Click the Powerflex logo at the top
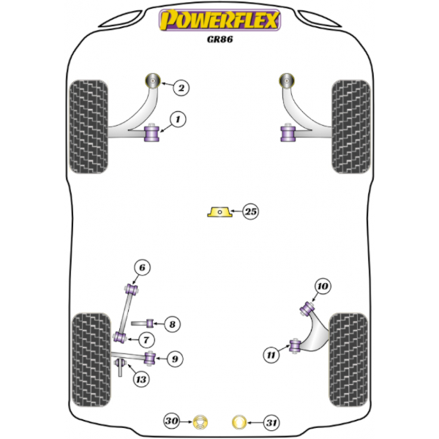219,20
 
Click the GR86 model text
219,40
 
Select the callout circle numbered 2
181,88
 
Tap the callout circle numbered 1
178,119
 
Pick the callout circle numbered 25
250,211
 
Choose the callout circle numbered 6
142,268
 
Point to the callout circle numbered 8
172,324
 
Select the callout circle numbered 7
146,340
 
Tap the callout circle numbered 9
175,359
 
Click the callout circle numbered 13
140,380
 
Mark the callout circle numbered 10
323,286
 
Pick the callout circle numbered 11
271,355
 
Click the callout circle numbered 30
172,421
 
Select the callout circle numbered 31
271,422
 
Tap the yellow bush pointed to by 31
239,422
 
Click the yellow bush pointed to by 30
200,421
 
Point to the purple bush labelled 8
150,323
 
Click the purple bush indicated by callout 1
151,134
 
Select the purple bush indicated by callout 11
295,346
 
